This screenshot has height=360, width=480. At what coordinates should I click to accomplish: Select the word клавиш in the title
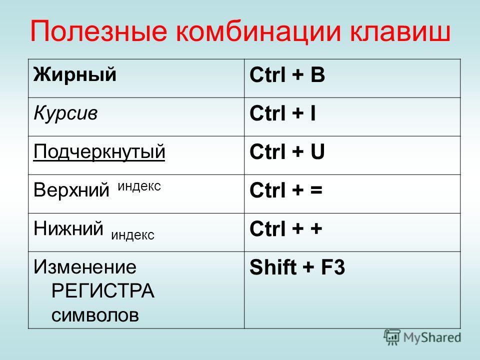(400, 31)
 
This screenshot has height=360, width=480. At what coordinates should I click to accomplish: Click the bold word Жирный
(75, 74)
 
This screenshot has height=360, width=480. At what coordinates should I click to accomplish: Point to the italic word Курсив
(65, 113)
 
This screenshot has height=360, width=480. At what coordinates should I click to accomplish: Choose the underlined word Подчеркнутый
(99, 152)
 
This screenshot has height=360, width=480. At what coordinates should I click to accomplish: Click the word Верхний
(71, 189)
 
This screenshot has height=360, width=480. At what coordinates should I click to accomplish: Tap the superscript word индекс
(139, 186)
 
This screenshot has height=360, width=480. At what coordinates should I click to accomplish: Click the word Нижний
(68, 228)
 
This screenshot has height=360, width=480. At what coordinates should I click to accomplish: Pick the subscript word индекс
(133, 235)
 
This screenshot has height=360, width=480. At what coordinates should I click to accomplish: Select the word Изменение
(85, 266)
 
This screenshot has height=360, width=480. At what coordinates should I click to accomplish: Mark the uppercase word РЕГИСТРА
(103, 290)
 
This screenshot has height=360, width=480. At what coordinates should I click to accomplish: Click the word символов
(95, 315)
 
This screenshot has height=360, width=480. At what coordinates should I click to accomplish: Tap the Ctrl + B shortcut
(287, 74)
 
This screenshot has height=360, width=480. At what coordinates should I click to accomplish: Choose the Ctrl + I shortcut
(282, 113)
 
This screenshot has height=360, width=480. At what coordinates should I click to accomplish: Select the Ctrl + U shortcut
(287, 152)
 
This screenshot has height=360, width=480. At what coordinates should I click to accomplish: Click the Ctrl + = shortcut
(286, 190)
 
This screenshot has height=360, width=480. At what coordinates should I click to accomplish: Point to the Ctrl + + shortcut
(286, 228)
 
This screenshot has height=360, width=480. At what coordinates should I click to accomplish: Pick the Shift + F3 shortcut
(297, 267)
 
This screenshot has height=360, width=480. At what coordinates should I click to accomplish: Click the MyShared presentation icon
(392, 337)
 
